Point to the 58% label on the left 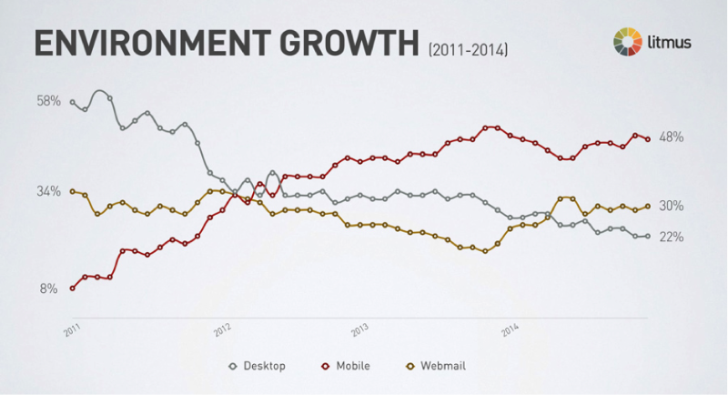click(48, 101)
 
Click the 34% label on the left click(48, 192)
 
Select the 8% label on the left click(51, 289)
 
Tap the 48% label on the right click(672, 137)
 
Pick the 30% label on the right click(672, 207)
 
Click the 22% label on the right click(672, 237)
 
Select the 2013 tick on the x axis click(361, 329)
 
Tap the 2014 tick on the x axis click(511, 329)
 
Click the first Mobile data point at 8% click(72, 289)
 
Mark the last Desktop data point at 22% click(647, 237)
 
